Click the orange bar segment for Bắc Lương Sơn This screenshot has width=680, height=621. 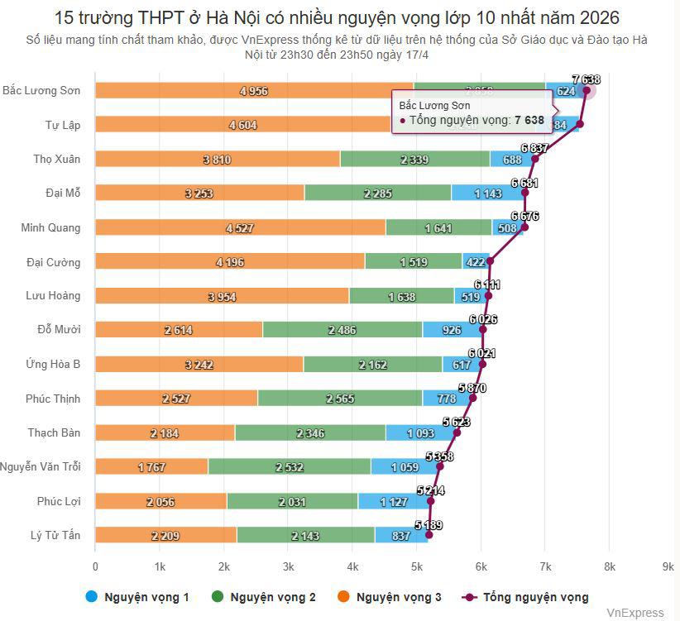coord(253,90)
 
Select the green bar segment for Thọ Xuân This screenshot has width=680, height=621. coord(414,159)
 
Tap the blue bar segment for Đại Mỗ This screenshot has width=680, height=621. coord(487,193)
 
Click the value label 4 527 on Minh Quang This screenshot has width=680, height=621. coord(240,227)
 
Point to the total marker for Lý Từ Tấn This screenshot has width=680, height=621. coord(429,535)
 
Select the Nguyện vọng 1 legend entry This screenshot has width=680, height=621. coord(137,596)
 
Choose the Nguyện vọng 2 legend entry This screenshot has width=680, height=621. coord(264,596)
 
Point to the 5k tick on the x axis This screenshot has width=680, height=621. coord(417,566)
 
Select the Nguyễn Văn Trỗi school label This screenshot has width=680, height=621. coord(41,467)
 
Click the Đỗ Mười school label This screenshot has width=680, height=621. coord(59,330)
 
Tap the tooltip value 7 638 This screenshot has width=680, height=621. coord(529,120)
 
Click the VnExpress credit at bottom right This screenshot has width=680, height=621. coord(635,613)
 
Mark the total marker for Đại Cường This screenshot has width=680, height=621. coord(490,261)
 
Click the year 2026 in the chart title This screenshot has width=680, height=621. coord(597,17)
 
